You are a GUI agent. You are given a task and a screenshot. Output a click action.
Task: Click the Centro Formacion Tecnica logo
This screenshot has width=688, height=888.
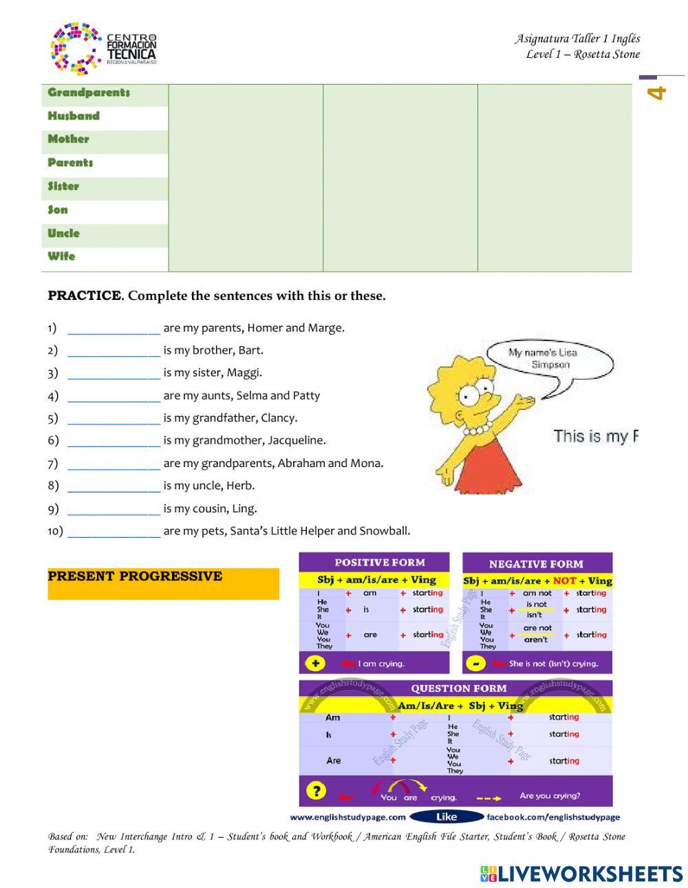(x=103, y=48)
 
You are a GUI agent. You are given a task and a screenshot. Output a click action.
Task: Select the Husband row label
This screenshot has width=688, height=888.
(x=74, y=116)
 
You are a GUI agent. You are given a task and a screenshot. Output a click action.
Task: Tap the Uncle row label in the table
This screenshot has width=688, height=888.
(x=64, y=233)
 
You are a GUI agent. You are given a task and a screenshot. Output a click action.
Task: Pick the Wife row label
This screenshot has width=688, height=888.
(x=61, y=257)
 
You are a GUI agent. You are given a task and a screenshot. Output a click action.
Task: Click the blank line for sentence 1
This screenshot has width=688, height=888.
(x=114, y=329)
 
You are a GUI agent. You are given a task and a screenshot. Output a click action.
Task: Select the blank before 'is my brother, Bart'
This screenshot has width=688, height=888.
(x=114, y=351)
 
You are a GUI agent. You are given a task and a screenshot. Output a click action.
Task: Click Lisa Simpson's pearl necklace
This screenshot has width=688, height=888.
(x=475, y=431)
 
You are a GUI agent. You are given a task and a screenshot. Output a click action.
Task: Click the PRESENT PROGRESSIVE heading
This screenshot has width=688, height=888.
(x=135, y=576)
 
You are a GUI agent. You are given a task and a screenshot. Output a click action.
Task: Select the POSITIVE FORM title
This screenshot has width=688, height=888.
(x=380, y=563)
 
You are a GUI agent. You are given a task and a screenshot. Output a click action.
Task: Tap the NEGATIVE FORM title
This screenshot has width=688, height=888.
(x=536, y=564)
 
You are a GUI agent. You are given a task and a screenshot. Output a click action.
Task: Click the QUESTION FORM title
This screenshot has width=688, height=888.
(x=458, y=689)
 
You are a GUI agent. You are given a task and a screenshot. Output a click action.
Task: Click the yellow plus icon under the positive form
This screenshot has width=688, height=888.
(x=316, y=663)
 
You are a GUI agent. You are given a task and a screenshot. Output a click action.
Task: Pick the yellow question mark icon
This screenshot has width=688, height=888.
(x=315, y=791)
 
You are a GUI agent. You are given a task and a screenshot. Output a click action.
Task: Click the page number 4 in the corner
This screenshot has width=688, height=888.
(x=658, y=93)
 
